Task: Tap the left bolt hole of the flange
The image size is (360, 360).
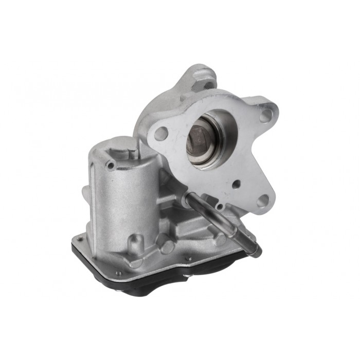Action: [161, 134]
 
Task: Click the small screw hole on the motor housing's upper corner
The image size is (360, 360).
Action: [110, 165]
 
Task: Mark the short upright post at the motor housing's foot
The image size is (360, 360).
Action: [135, 242]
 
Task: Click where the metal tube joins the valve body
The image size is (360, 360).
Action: [192, 196]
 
